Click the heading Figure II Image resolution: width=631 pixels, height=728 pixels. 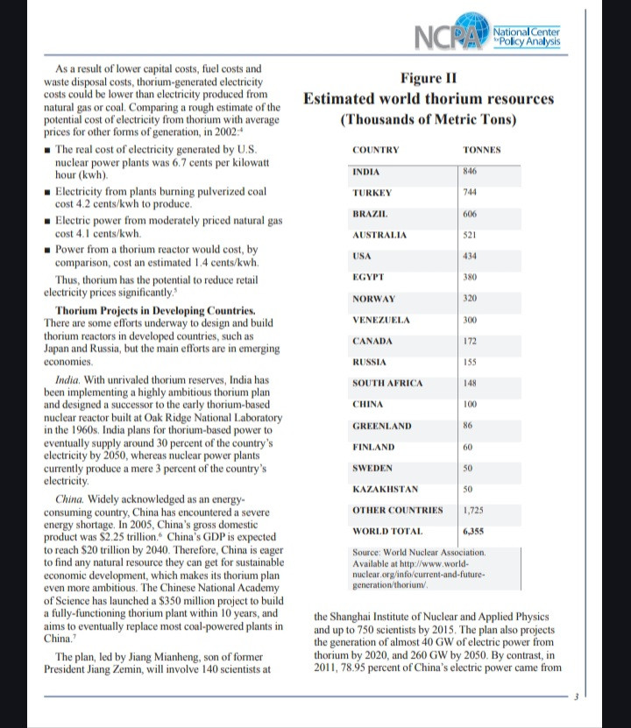428,78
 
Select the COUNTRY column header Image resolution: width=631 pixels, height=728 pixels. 376,151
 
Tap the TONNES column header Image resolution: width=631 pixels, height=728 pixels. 482,151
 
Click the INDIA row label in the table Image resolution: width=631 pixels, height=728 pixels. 365,172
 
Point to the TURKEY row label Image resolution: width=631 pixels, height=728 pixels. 371,193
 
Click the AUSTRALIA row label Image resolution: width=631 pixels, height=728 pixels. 379,236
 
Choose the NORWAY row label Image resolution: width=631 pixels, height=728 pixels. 373,299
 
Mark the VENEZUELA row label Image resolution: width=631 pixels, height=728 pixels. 381,320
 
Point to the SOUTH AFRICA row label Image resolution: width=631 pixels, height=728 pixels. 387,384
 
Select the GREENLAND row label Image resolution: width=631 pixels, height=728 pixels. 380,426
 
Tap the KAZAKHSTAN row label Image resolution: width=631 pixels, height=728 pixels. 385,489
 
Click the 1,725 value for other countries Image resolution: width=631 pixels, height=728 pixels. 474,510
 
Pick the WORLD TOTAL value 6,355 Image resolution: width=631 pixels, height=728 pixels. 474,532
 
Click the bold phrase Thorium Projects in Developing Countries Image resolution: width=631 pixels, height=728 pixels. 155,311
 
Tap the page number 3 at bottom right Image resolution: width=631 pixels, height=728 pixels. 576,698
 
